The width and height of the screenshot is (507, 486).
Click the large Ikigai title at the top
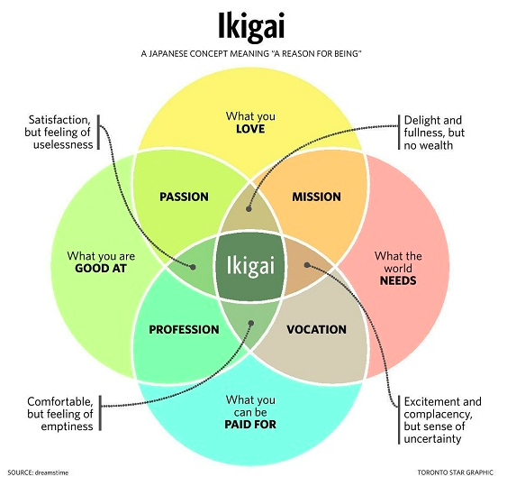(x=251, y=27)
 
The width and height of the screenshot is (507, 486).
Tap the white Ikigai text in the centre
(x=250, y=266)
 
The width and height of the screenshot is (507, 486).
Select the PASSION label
(x=184, y=197)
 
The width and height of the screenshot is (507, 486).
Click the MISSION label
(x=317, y=197)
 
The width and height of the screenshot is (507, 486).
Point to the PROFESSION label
(x=184, y=330)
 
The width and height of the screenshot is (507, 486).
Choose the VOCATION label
(x=317, y=330)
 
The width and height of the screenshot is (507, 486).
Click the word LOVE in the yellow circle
(x=250, y=129)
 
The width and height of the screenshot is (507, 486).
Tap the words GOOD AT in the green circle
(x=101, y=269)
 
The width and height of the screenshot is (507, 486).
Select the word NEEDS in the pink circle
(x=398, y=280)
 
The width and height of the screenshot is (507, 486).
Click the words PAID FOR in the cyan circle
(x=250, y=424)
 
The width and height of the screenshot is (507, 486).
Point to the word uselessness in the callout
(x=63, y=144)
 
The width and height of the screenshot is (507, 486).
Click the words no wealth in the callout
(x=429, y=145)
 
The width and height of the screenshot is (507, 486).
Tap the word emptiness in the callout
(x=67, y=426)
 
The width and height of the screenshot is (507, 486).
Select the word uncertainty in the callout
(x=432, y=439)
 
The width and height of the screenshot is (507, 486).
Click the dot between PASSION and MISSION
(x=249, y=209)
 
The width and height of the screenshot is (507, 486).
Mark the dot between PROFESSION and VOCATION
(x=251, y=323)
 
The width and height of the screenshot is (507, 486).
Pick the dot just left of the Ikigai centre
(x=193, y=267)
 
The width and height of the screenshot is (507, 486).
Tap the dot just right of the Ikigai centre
(x=307, y=265)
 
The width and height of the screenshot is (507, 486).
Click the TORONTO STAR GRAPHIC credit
(x=456, y=472)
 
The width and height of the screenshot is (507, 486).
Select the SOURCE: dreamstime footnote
(x=38, y=472)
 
